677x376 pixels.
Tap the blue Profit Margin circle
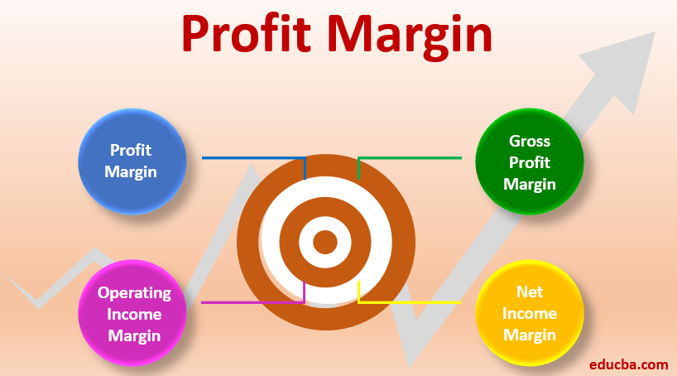click(132, 161)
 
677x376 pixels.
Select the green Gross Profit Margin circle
click(530, 161)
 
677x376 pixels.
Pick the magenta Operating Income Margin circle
click(132, 313)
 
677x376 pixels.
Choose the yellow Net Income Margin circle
click(530, 313)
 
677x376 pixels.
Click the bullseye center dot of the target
click(325, 242)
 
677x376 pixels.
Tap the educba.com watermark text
click(629, 364)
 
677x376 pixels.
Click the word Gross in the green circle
click(530, 141)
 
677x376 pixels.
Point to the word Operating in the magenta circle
click(134, 293)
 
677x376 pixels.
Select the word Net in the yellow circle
click(530, 292)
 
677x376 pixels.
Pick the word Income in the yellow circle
click(530, 313)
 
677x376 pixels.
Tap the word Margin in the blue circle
click(131, 172)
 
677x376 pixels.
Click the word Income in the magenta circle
click(134, 314)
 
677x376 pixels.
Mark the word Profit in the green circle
click(530, 162)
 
